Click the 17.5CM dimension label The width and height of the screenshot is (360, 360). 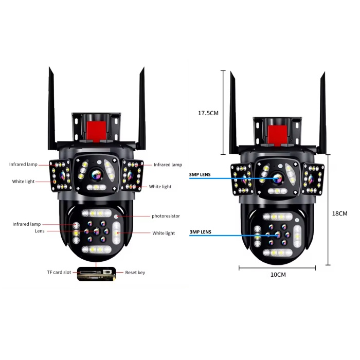point(209,113)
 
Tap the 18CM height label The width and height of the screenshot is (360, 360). point(340,213)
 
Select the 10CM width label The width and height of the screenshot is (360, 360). point(278,275)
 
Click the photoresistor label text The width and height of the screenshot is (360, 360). point(166,217)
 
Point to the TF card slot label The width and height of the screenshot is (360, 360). point(59,272)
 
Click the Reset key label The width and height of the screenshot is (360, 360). point(135,272)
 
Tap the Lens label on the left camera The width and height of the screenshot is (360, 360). point(40,231)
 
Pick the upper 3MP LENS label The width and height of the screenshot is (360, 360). point(200,175)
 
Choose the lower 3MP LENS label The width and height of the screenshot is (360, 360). point(200,232)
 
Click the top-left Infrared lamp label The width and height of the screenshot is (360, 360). point(23,165)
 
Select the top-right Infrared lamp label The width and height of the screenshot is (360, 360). point(168,165)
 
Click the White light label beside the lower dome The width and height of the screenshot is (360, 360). point(164,233)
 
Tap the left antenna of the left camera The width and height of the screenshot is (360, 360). point(52,108)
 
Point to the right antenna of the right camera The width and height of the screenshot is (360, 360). point(322,111)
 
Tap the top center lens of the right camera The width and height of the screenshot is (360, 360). point(278,178)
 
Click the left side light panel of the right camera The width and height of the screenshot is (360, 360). point(241,179)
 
